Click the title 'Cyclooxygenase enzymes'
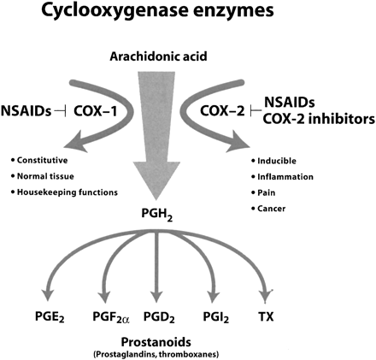point(157,11)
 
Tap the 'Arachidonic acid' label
point(158,56)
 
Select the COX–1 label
point(96,111)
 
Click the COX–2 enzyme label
point(222,111)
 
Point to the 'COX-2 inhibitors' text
point(319,119)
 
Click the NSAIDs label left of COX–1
point(26,111)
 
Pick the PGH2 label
point(157,215)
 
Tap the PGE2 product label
point(50,317)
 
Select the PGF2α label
point(111,317)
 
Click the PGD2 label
point(159,317)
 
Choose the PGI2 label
point(215,317)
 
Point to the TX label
point(266,316)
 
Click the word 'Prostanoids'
point(156,342)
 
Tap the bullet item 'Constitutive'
point(39,161)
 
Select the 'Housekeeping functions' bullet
point(64,192)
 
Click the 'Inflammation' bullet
point(282,177)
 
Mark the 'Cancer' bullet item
point(268,209)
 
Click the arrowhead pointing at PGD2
point(156,297)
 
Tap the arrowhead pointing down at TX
point(266,298)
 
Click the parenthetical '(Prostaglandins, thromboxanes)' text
point(156,355)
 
